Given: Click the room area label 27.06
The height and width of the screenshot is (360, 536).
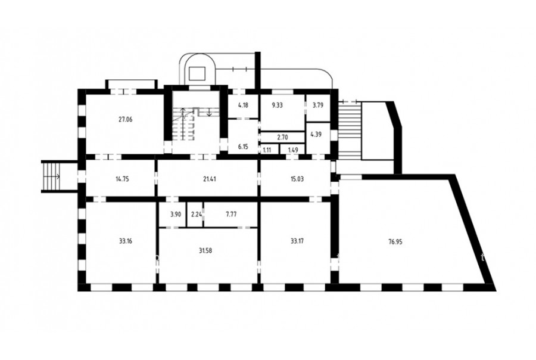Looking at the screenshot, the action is (126, 119).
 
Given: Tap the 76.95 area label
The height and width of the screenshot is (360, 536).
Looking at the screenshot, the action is (395, 241).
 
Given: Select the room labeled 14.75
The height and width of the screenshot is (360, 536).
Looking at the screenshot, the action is (122, 179).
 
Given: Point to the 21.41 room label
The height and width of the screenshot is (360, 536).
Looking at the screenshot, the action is (209, 179).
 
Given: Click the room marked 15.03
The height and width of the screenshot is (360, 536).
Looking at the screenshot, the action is (297, 179).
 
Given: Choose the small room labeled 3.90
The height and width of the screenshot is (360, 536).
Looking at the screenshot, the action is (174, 214).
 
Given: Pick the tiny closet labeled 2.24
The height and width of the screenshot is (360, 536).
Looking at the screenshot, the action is (196, 214).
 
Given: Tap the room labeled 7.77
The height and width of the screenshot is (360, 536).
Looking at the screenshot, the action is (232, 214).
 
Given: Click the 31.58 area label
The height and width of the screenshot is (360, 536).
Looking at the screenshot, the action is (205, 250).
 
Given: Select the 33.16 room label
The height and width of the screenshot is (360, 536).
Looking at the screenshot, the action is (126, 241).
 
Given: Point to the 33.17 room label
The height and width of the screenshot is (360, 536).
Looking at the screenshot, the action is (297, 241).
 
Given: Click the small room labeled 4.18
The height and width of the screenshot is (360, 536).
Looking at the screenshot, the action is (243, 105).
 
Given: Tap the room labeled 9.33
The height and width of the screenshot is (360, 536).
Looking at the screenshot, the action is (277, 105).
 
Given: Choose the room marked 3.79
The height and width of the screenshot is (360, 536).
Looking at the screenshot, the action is (318, 105).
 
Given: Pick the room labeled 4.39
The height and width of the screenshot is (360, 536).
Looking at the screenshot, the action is (316, 135).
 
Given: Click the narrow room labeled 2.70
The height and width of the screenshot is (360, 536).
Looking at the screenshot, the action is (282, 137).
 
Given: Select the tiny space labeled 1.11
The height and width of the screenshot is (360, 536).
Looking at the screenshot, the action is (267, 150).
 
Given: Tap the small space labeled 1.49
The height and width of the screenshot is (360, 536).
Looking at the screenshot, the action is (293, 150).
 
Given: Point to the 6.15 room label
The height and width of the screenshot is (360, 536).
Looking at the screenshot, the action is (243, 147).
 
